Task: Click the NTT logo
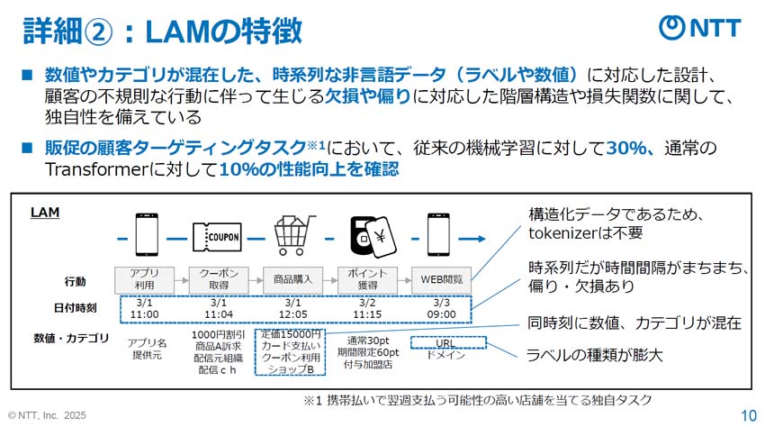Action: [x=700, y=27]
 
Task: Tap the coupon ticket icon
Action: [x=219, y=238]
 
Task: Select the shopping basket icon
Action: [x=291, y=237]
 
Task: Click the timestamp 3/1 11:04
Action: [x=219, y=309]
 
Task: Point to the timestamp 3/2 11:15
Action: [x=367, y=309]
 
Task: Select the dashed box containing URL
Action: [x=447, y=343]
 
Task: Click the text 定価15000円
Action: [x=292, y=335]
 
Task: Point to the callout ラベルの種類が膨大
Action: [x=594, y=356]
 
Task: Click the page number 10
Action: [x=748, y=415]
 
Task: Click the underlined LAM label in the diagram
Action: [x=44, y=212]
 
